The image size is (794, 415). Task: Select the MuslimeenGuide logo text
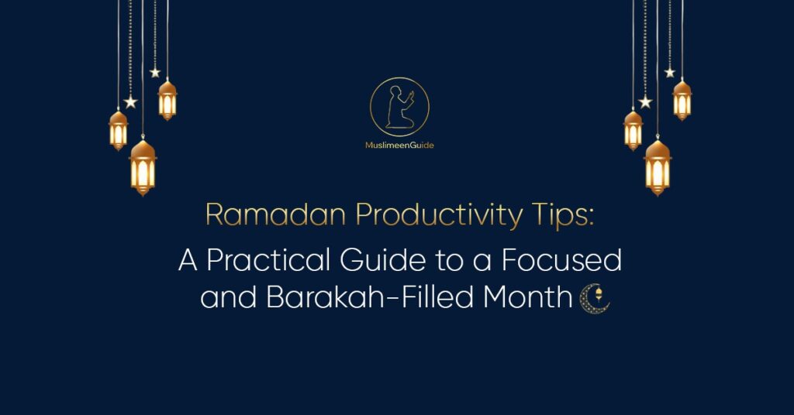pos(399,145)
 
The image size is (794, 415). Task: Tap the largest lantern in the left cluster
pos(143,166)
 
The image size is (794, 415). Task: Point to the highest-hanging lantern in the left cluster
pos(167,98)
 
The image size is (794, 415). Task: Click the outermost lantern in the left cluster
pos(119,129)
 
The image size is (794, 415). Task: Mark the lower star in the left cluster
pos(130,101)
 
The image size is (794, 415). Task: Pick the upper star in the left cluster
pos(155,72)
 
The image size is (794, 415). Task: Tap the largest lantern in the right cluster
pos(658,166)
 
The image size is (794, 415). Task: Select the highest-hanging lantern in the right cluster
pos(682,98)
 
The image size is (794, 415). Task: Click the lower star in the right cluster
pos(645,101)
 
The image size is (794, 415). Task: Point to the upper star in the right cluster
pos(670,72)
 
